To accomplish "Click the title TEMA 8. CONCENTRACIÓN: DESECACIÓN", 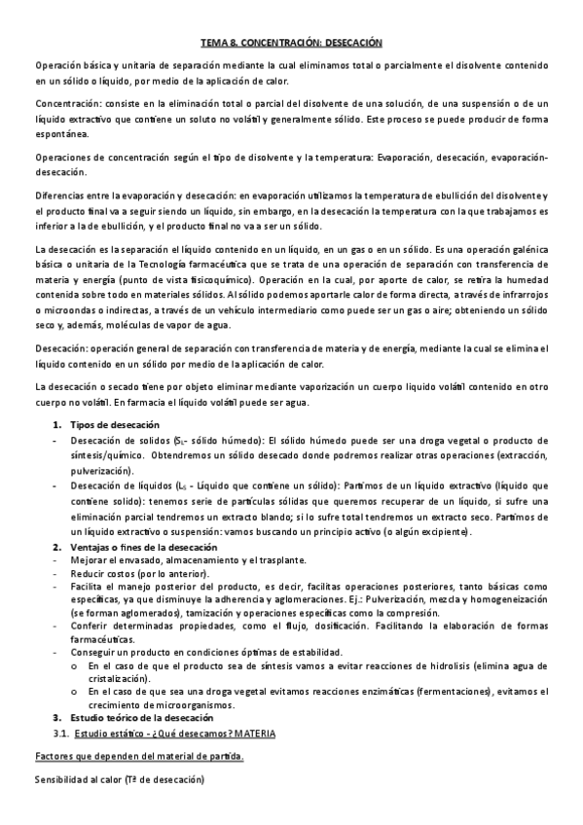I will tap(291, 43).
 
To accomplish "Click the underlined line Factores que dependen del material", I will tap(139, 756).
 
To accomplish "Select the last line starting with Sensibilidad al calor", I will tap(119, 779).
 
